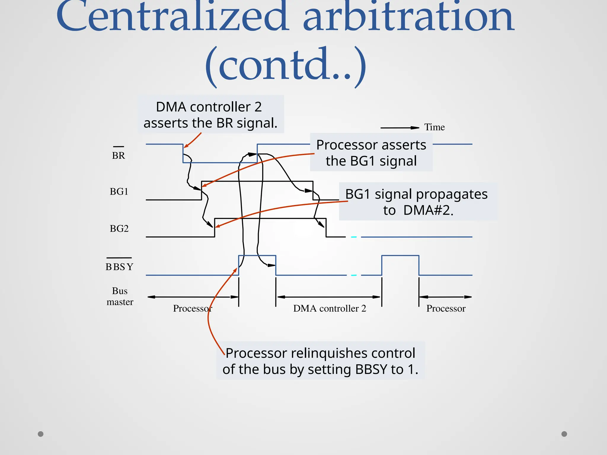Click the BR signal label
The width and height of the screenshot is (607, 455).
coord(119,155)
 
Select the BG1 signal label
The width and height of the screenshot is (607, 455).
coord(119,192)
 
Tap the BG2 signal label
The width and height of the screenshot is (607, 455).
coord(119,229)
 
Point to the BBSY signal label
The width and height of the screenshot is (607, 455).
coord(119,267)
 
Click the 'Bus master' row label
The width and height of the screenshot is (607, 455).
coord(120,296)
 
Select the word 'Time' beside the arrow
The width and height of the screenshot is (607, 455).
coord(435,127)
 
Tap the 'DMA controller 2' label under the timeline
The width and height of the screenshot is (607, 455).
coord(330,308)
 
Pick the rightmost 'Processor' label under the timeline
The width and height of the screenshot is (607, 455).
coord(446,308)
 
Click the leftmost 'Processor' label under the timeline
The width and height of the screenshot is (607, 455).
coord(192,308)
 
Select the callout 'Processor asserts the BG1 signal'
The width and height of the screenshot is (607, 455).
coord(371,153)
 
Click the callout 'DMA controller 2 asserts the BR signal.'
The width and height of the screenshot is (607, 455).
coord(210,115)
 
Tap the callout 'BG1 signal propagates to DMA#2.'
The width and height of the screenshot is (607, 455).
coord(416,202)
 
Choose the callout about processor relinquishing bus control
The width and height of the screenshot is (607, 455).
coord(320,361)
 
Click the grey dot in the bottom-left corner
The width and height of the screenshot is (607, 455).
coord(41,434)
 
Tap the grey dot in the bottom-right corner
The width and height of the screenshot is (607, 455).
coord(564,434)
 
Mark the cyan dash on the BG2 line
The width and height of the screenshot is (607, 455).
coord(354,237)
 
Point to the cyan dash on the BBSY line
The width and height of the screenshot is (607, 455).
coord(354,275)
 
